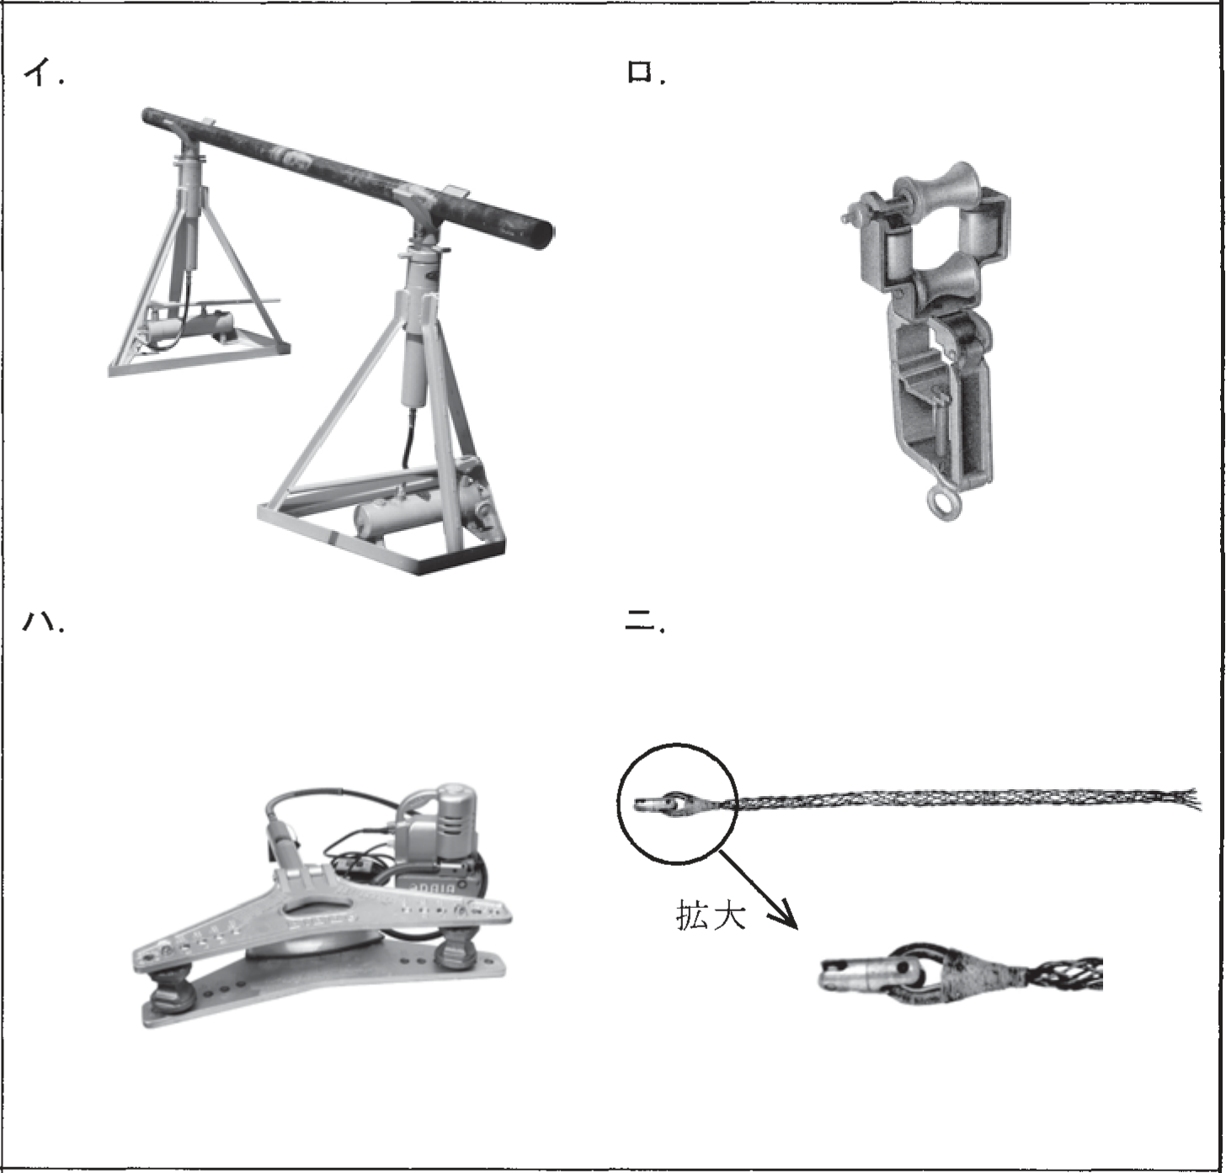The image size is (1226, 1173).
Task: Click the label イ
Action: (x=43, y=74)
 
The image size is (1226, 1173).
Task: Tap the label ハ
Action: (x=43, y=622)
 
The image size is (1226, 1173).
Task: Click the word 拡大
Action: (x=711, y=915)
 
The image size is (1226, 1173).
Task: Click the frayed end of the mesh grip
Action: (x=1185, y=799)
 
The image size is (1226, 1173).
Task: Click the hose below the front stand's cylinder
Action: (x=408, y=438)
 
